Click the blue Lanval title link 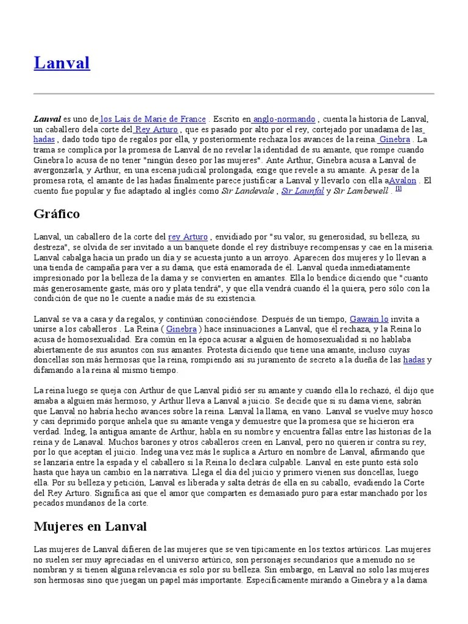tap(62, 63)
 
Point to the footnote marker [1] tap(398, 188)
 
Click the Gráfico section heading tap(57, 214)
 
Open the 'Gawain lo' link tap(369, 319)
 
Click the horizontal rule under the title tap(234, 93)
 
